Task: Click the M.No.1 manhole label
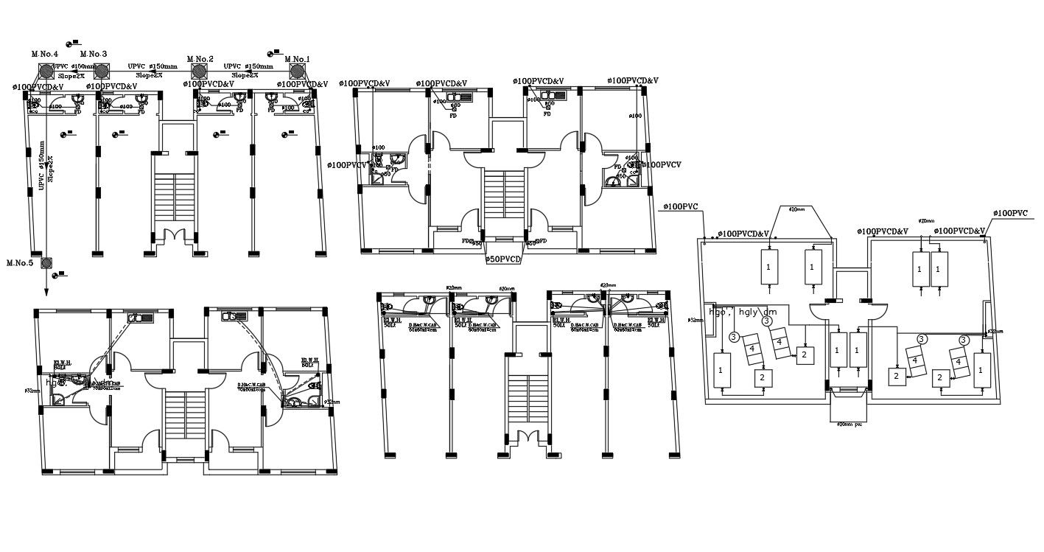point(297,60)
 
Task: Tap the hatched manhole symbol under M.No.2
point(199,71)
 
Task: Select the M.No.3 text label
point(94,55)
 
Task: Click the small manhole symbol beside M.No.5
point(46,262)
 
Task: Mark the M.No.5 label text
point(21,263)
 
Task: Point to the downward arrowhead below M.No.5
point(46,293)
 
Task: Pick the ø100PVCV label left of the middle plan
point(347,165)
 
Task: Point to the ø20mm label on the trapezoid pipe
point(796,210)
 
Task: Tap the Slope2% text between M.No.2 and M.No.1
point(245,75)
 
